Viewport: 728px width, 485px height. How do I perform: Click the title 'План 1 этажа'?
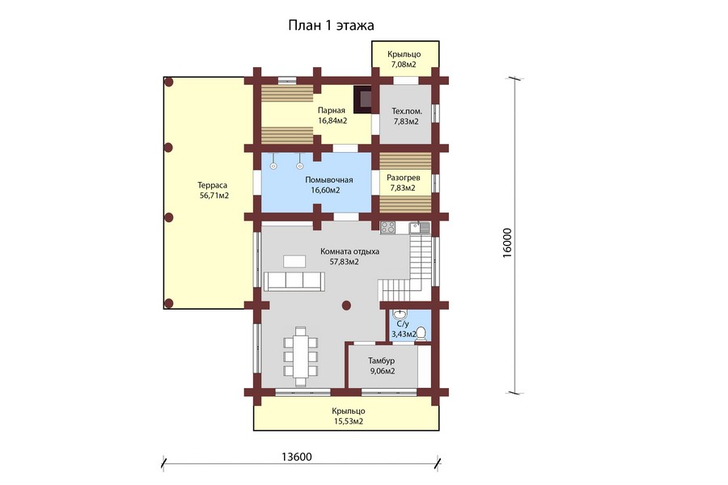click(331, 25)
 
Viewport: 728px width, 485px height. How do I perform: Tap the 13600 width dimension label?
click(297, 457)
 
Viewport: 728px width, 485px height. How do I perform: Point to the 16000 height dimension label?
click(507, 242)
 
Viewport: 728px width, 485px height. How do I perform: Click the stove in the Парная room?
click(362, 99)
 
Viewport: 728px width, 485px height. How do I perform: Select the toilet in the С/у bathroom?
click(421, 334)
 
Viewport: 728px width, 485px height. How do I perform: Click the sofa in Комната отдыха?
click(294, 281)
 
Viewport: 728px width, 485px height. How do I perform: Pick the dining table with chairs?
click(301, 356)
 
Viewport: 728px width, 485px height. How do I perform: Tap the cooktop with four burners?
click(387, 227)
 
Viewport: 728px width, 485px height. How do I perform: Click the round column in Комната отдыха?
click(346, 305)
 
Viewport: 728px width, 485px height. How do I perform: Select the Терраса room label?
click(212, 186)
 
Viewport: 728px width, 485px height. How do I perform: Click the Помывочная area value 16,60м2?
click(325, 190)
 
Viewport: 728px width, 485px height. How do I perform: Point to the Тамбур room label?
click(382, 361)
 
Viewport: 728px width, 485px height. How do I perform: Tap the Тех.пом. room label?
click(407, 112)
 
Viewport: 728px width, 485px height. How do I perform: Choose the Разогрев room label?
click(403, 178)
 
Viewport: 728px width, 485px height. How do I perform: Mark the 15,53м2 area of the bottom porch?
click(349, 421)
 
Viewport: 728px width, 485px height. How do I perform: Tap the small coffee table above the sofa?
click(294, 261)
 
